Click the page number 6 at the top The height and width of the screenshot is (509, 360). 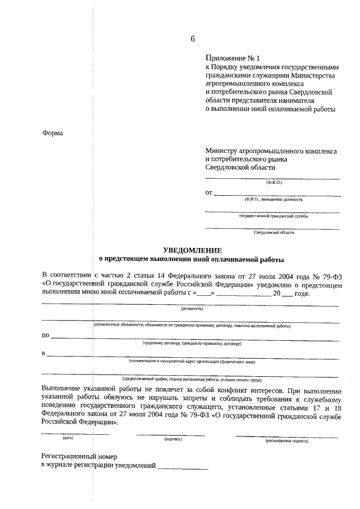(x=193, y=39)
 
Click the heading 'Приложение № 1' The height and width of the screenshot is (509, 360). (x=233, y=58)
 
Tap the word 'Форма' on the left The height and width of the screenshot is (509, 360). (x=53, y=133)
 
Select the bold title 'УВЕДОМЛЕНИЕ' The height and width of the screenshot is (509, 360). (x=192, y=250)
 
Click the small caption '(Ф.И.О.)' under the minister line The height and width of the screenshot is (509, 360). (x=274, y=182)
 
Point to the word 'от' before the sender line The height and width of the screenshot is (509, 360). (x=209, y=193)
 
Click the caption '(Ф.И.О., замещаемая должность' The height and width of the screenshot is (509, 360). (x=273, y=199)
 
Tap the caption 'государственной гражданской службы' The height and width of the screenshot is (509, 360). (x=273, y=216)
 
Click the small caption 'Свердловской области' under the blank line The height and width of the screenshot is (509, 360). (x=273, y=232)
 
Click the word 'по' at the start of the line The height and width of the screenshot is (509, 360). (x=46, y=336)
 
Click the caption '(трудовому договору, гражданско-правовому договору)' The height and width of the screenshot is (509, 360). (x=192, y=343)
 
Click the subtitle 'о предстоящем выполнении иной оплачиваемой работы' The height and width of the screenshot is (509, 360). (x=192, y=260)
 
